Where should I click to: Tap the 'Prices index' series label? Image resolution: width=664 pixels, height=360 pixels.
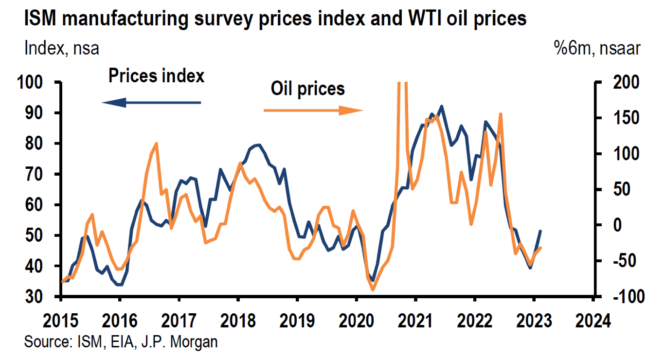[156, 76]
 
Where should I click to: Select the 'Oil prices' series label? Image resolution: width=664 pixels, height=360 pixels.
[307, 89]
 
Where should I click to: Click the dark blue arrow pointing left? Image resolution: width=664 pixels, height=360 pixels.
[151, 102]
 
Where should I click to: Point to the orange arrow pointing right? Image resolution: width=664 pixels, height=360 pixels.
[313, 110]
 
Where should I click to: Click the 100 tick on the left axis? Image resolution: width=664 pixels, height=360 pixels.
[36, 83]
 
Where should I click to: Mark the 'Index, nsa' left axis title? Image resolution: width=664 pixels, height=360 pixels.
[62, 49]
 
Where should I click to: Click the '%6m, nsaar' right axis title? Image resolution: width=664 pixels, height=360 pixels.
[596, 49]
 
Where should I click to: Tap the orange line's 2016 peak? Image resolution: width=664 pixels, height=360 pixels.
[156, 144]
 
